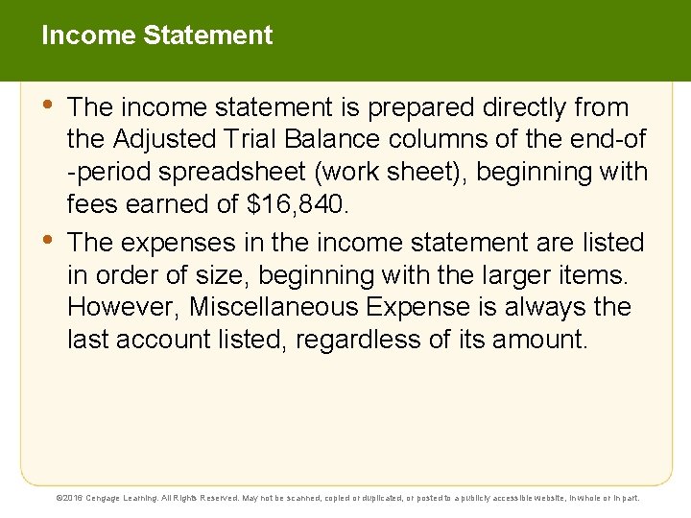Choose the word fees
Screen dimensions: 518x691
pyautogui.click(x=90, y=205)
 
